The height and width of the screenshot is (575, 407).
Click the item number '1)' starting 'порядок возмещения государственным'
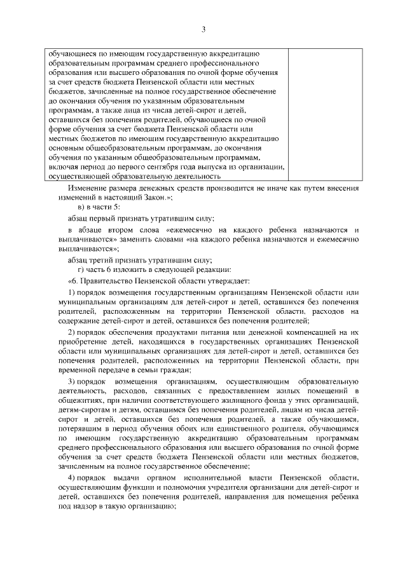click(x=71, y=292)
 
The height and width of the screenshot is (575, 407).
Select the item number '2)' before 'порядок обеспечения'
click(x=71, y=332)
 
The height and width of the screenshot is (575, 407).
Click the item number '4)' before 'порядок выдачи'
click(x=71, y=478)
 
